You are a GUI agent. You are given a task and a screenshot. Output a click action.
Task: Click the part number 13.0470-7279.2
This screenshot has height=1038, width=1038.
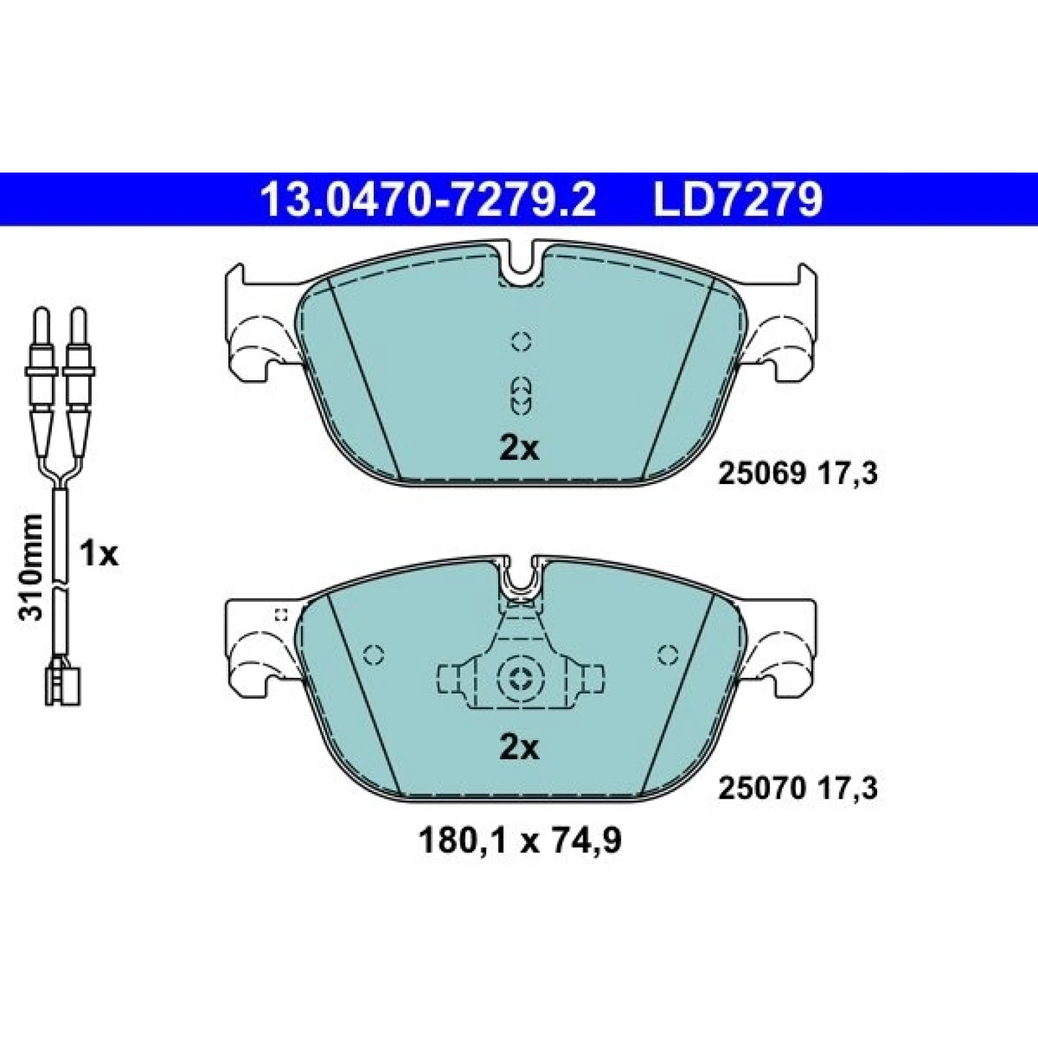point(428,200)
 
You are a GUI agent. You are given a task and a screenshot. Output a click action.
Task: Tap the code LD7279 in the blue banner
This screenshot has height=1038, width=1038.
point(738,200)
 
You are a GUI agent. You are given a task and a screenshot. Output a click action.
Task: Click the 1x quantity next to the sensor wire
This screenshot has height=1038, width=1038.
point(99,554)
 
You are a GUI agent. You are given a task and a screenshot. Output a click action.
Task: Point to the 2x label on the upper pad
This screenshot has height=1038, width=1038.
point(519,448)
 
